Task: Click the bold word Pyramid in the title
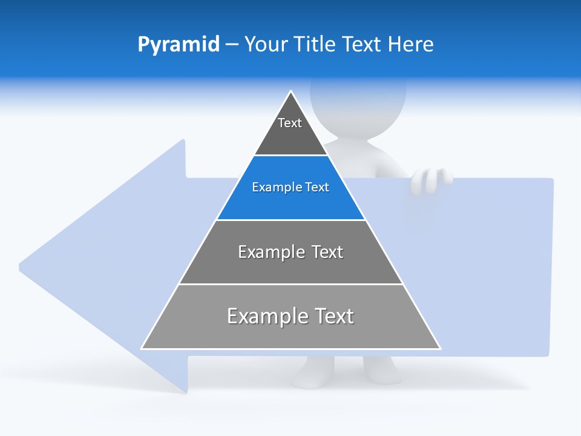(179, 45)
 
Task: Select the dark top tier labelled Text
(290, 130)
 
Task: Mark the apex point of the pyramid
(291, 91)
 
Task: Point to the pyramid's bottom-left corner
(142, 348)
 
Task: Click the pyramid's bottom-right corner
(440, 348)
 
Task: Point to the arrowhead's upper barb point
(183, 140)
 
